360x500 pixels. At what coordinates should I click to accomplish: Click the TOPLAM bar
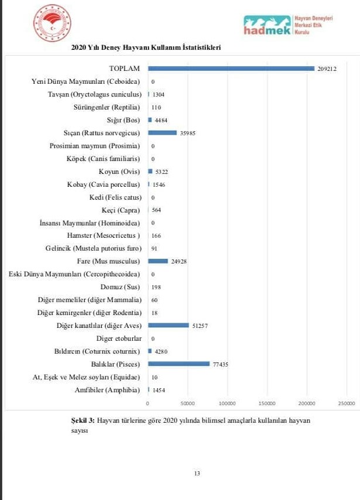pyautogui.click(x=231, y=69)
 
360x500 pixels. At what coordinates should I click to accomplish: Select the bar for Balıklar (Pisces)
pyautogui.click(x=179, y=364)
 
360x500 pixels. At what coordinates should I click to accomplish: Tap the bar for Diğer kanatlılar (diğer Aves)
pyautogui.click(x=168, y=325)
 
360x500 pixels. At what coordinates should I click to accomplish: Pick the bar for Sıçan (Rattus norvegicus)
pyautogui.click(x=162, y=133)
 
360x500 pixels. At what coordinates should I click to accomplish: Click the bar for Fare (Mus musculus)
pyautogui.click(x=157, y=261)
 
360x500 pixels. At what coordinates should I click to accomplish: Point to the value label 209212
pyautogui.click(x=328, y=69)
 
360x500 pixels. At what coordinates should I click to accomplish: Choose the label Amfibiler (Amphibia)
pyautogui.click(x=108, y=389)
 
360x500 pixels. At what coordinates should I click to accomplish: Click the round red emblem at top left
pyautogui.click(x=52, y=24)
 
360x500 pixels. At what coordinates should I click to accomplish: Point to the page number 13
pyautogui.click(x=197, y=473)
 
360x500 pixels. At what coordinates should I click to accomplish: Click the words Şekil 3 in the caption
pyautogui.click(x=74, y=420)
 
